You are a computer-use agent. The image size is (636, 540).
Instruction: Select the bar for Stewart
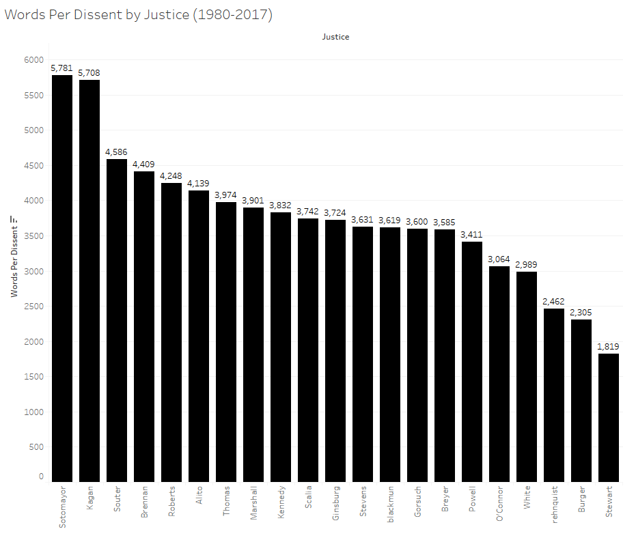pos(609,417)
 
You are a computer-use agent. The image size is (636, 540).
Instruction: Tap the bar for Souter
pos(117,320)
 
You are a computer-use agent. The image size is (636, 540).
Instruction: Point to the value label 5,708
pos(89,72)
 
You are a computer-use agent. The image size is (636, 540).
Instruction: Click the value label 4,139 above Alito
pos(199,183)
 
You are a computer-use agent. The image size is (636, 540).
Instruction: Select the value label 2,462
pos(554,301)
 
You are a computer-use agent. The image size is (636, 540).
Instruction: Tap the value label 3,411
pos(472,234)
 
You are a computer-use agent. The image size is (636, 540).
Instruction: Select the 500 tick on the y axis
pos(36,447)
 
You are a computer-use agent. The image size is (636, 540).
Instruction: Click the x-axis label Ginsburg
pos(335,505)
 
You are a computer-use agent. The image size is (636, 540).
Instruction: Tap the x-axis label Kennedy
pos(281,505)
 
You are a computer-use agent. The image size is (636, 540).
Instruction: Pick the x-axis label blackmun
pos(390,506)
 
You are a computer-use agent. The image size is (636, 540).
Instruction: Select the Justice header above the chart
pos(335,37)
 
